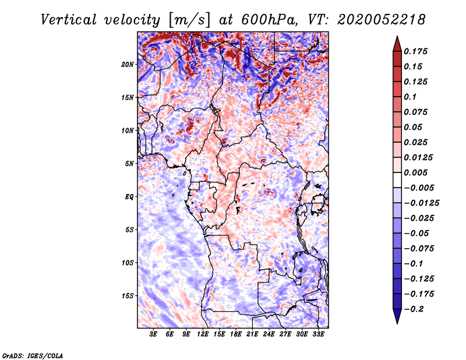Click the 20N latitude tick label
tap(128, 65)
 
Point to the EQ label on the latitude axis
tap(129, 197)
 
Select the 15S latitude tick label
tap(128, 296)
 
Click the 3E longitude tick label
tap(153, 334)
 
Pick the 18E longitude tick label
tap(236, 334)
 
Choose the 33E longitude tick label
tap(318, 334)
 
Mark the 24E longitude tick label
tap(269, 334)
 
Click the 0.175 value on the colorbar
tap(415, 51)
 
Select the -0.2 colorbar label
tap(414, 309)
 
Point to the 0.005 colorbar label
tap(415, 172)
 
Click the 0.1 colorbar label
tap(410, 97)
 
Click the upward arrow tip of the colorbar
tap(397, 36)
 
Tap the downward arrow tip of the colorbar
tap(397, 324)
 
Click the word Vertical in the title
tap(68, 20)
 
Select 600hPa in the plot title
tap(269, 20)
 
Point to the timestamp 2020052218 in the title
tap(382, 20)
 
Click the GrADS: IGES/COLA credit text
tap(33, 356)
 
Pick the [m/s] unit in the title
tap(190, 20)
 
